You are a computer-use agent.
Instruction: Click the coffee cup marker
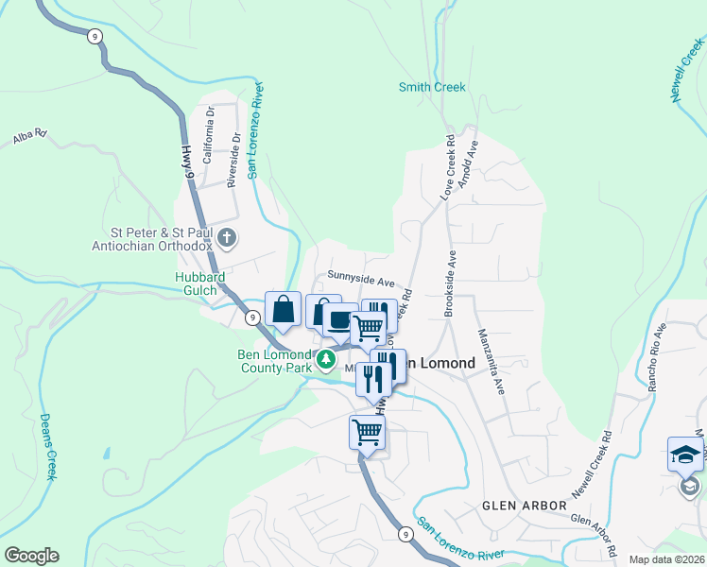339,320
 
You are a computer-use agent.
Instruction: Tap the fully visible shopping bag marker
284,308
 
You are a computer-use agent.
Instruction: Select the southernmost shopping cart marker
367,433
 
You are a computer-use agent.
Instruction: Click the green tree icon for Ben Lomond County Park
325,358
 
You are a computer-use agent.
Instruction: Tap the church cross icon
226,235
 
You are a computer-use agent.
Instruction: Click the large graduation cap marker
685,455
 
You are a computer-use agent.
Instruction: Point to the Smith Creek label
432,87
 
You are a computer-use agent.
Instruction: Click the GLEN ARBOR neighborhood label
525,506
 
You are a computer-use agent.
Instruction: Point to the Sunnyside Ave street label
360,281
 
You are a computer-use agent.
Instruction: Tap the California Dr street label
211,125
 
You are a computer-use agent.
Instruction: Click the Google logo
31,556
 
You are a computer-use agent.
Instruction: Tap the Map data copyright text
666,559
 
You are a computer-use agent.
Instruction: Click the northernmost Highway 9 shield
94,36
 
